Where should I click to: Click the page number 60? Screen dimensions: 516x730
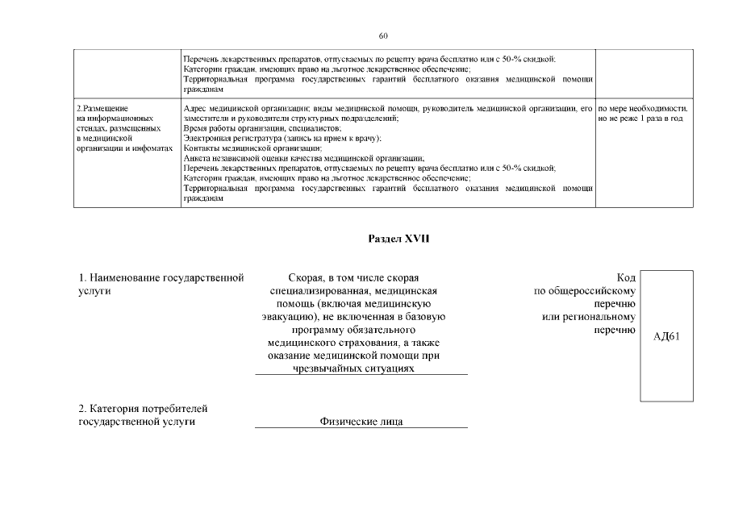(383, 35)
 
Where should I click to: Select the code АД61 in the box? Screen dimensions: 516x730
(666, 337)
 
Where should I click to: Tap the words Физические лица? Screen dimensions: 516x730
(361, 422)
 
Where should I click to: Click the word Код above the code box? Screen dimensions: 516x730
(625, 278)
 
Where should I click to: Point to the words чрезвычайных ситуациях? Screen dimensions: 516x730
(361, 368)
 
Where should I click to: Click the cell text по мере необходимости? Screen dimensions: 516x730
(643, 108)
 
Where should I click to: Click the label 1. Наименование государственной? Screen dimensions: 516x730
(161, 278)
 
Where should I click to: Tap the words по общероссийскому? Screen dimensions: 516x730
(585, 291)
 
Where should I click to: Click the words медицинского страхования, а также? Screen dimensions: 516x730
(361, 343)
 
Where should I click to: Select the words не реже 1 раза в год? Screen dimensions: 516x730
(640, 119)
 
